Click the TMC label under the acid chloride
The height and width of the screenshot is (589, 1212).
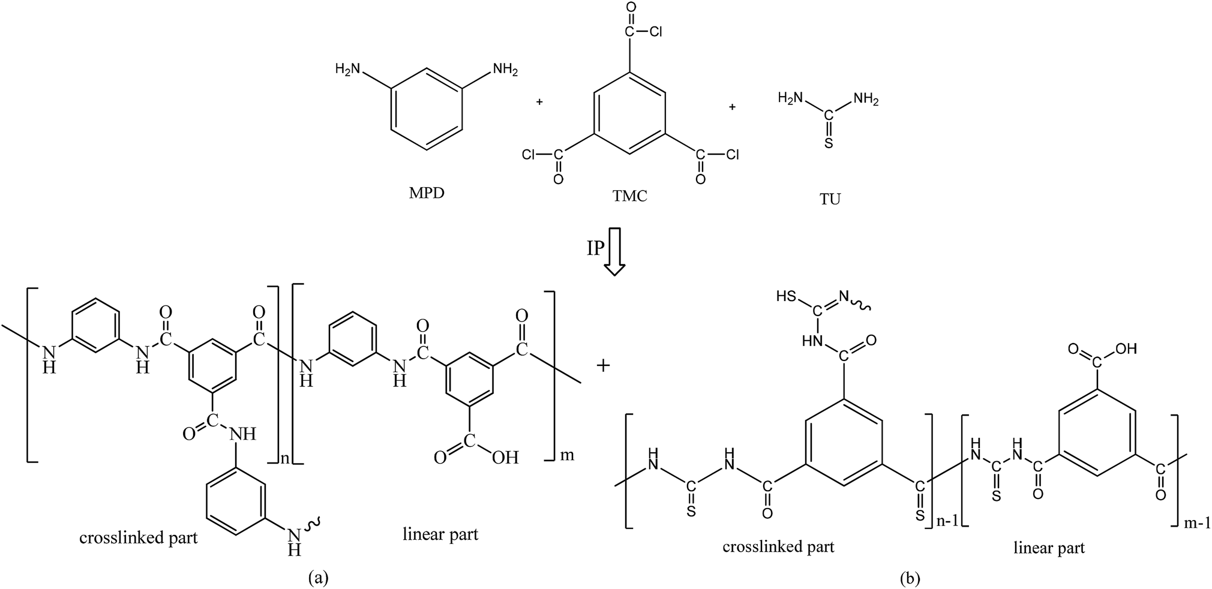pyautogui.click(x=630, y=195)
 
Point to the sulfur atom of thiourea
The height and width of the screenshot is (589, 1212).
pyautogui.click(x=829, y=144)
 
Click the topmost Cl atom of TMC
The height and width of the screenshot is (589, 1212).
pyautogui.click(x=656, y=32)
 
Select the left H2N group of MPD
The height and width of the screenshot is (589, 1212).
pyautogui.click(x=348, y=70)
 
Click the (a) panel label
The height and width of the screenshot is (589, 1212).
pyautogui.click(x=318, y=577)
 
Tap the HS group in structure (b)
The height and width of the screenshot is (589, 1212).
pyautogui.click(x=785, y=296)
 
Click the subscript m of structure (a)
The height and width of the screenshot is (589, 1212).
pyautogui.click(x=566, y=455)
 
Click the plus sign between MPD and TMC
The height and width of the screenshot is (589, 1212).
pyautogui.click(x=539, y=103)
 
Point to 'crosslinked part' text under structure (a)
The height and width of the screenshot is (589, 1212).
pyautogui.click(x=139, y=537)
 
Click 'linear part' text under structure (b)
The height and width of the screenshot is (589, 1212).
pyautogui.click(x=1049, y=548)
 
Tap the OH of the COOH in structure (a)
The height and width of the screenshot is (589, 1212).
pyautogui.click(x=505, y=458)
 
